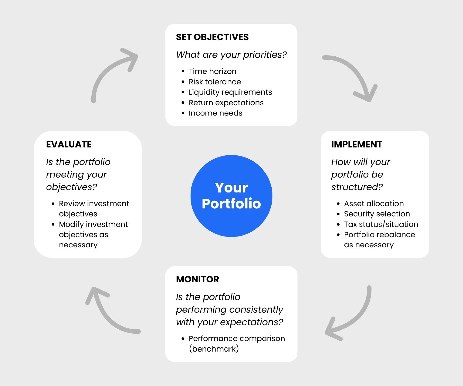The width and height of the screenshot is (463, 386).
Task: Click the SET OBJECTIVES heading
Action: pyautogui.click(x=212, y=37)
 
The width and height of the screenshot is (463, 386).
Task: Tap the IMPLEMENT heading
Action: pyautogui.click(x=357, y=144)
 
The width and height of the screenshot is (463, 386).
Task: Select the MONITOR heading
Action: pyautogui.click(x=197, y=279)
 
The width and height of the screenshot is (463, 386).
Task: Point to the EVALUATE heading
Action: pyautogui.click(x=69, y=144)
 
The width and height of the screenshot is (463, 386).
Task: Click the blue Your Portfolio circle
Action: pyautogui.click(x=231, y=196)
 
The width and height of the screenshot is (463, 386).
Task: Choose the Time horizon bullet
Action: pyautogui.click(x=212, y=71)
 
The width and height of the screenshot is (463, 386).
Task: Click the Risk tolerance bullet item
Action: pyautogui.click(x=215, y=82)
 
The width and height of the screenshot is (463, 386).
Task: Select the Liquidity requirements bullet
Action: pyautogui.click(x=230, y=92)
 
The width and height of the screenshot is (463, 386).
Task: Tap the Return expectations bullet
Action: pyautogui.click(x=226, y=103)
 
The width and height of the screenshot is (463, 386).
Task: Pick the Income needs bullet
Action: pyautogui.click(x=215, y=113)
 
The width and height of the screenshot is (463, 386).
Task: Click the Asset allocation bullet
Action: pyautogui.click(x=373, y=204)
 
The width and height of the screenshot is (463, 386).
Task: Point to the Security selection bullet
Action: pyautogui.click(x=377, y=214)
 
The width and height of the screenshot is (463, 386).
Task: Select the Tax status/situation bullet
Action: pyautogui.click(x=381, y=224)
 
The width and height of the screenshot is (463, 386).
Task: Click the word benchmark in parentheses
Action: pyautogui.click(x=214, y=349)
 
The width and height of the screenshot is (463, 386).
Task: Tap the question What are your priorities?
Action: pyautogui.click(x=231, y=55)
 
